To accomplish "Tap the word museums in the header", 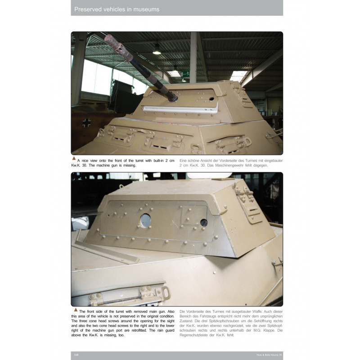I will pyautogui.click(x=143, y=9).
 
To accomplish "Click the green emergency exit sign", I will pyautogui.click(x=185, y=73).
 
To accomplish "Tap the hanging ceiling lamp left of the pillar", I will pyautogui.click(x=157, y=50).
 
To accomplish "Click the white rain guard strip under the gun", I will pyautogui.click(x=180, y=108).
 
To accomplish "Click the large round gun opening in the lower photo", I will pyautogui.click(x=146, y=220).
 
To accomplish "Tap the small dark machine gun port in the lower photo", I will pyautogui.click(x=204, y=222).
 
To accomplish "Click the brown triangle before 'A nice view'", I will pyautogui.click(x=74, y=158).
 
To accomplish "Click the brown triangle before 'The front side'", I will pyautogui.click(x=74, y=310).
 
